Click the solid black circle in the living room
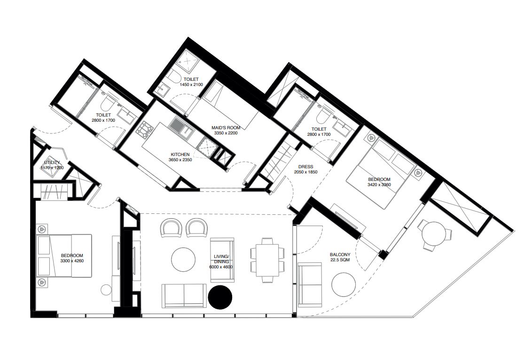coord(220,297)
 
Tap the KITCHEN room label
coord(180,155)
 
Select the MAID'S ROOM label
coord(226,127)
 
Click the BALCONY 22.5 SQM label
coord(340,257)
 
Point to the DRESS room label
coord(305,166)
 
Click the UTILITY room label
coord(52,163)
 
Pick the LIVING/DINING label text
coord(222,259)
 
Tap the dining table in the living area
coord(267,260)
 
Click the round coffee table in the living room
coord(183,259)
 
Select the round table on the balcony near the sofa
coord(344,284)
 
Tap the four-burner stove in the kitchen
coord(144,130)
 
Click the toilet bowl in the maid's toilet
coord(174,77)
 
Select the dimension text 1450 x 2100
coord(191,85)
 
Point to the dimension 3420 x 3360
coord(379,185)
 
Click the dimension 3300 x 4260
coord(72,261)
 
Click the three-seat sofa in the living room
coord(184,296)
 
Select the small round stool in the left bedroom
coord(107,290)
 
